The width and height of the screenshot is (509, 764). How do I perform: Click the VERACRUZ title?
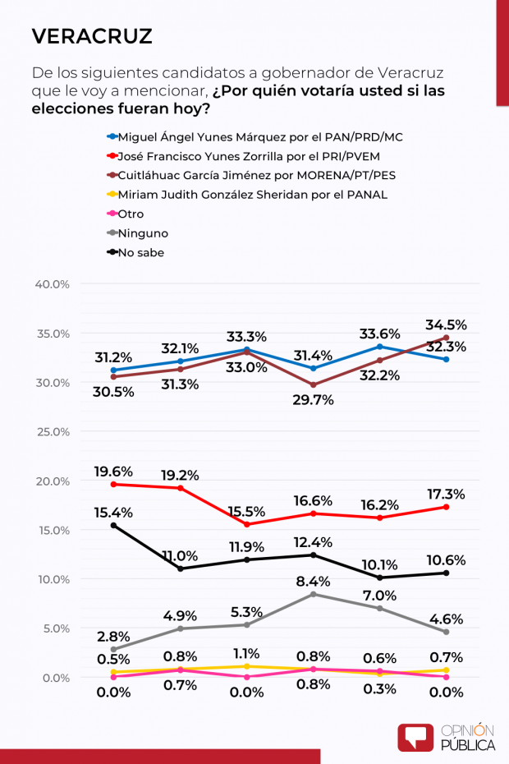click(92, 36)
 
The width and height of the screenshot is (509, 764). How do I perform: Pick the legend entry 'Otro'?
click(131, 214)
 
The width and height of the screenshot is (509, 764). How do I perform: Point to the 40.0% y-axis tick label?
click(52, 284)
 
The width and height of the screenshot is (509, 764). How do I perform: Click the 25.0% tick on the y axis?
click(52, 431)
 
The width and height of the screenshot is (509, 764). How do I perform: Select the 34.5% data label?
click(446, 324)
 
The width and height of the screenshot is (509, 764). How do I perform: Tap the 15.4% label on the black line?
click(114, 512)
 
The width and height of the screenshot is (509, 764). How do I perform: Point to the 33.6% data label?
click(379, 334)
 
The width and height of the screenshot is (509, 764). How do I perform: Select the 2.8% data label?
click(114, 637)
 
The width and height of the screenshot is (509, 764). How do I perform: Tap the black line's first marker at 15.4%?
click(113, 525)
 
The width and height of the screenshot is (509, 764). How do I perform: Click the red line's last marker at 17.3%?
click(446, 507)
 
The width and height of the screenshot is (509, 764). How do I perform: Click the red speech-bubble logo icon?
click(415, 737)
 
